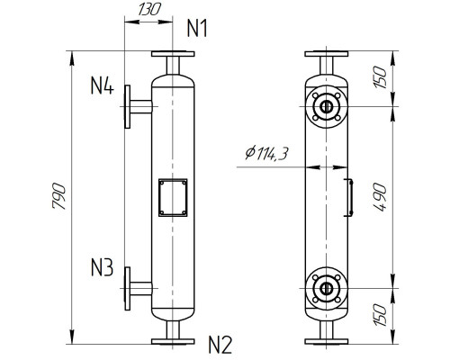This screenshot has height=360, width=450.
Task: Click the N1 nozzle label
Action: tap(197, 28)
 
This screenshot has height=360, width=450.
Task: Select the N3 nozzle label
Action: tap(102, 268)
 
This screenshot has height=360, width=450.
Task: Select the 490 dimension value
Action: tap(379, 198)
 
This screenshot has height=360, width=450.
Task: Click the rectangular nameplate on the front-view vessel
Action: tap(171, 197)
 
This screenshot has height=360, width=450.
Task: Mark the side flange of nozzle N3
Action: tap(130, 288)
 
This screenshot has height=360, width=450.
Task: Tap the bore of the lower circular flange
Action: tap(325, 288)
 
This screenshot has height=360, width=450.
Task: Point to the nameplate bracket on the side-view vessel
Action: tap(348, 197)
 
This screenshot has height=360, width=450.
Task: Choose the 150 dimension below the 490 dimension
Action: tap(379, 314)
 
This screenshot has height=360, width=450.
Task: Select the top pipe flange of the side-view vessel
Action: tap(325, 55)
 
